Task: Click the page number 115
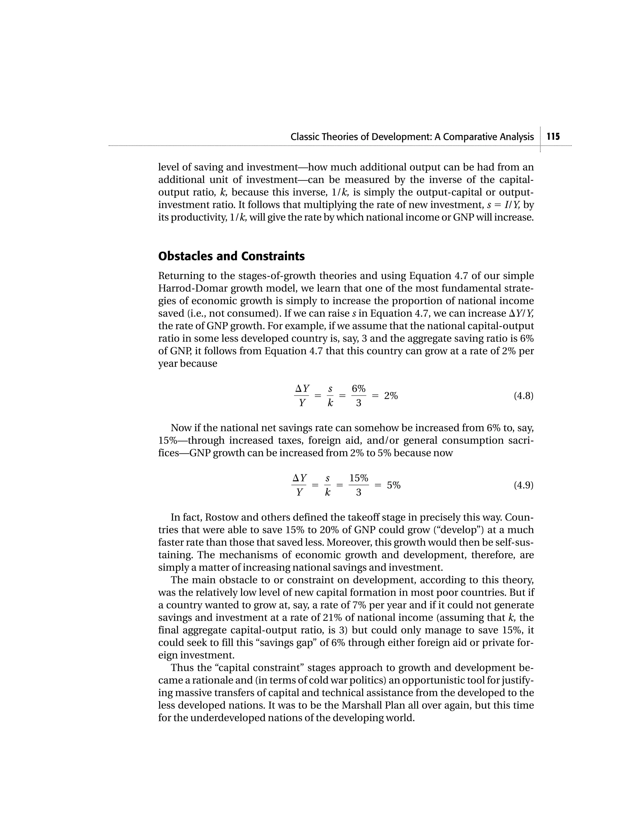[x=553, y=137]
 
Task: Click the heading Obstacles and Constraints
[x=231, y=256]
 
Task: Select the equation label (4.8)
[x=523, y=396]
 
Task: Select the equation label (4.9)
[x=523, y=486]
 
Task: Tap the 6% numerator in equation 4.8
[x=359, y=389]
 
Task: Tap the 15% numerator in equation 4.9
[x=359, y=478]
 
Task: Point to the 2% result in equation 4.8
[x=391, y=396]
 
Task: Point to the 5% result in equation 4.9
[x=393, y=486]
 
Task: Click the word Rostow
[x=222, y=518]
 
